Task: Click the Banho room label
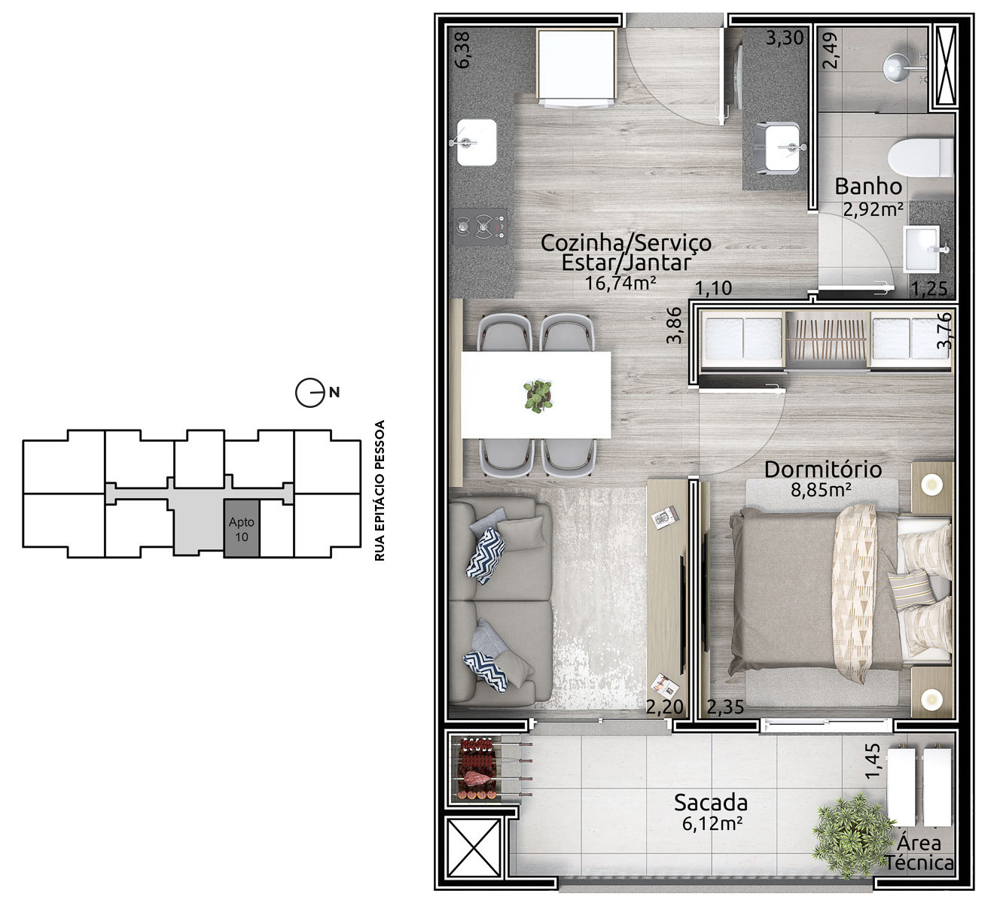pos(868,187)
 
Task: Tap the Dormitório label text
pos(823,470)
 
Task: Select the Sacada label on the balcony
pos(711,802)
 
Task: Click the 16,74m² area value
pos(620,283)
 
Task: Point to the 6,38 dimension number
pos(462,50)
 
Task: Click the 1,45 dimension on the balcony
pos(872,761)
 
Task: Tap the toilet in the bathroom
pos(920,158)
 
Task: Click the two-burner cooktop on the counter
pos(480,226)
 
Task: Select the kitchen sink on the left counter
pos(477,142)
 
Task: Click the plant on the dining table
pos(538,396)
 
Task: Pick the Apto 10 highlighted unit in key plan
pos(242,528)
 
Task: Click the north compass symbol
pos(311,393)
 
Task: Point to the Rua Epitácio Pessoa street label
pos(380,491)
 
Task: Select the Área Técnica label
pos(919,853)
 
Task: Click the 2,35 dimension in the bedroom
pos(725,707)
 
